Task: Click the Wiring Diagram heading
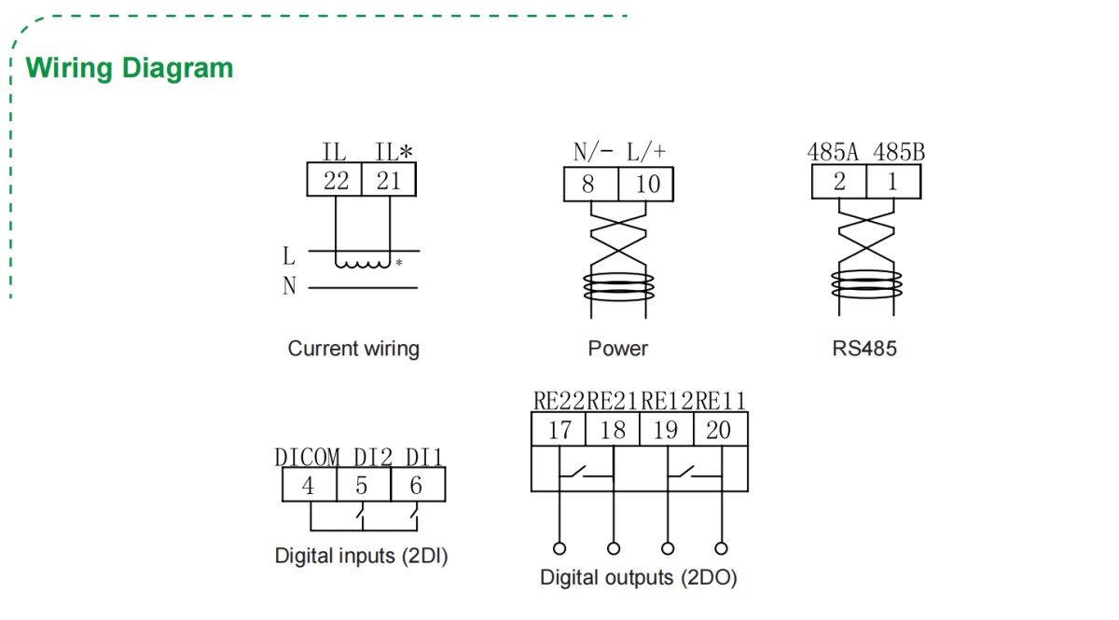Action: pyautogui.click(x=130, y=68)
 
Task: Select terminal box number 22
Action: pyautogui.click(x=335, y=180)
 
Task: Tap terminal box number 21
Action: pyautogui.click(x=389, y=180)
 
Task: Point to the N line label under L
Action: pyautogui.click(x=289, y=287)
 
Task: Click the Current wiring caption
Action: pyautogui.click(x=353, y=349)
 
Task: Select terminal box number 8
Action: pyautogui.click(x=588, y=185)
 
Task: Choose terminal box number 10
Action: pyautogui.click(x=646, y=185)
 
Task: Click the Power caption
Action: pyautogui.click(x=617, y=349)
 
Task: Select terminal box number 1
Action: pyautogui.click(x=892, y=182)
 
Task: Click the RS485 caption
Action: pyautogui.click(x=864, y=349)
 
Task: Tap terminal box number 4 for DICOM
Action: pyautogui.click(x=309, y=486)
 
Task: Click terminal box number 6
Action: pyautogui.click(x=416, y=486)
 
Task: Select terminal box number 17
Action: pyautogui.click(x=559, y=430)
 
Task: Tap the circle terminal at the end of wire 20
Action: pyautogui.click(x=720, y=547)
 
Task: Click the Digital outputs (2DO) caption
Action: pyautogui.click(x=639, y=577)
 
